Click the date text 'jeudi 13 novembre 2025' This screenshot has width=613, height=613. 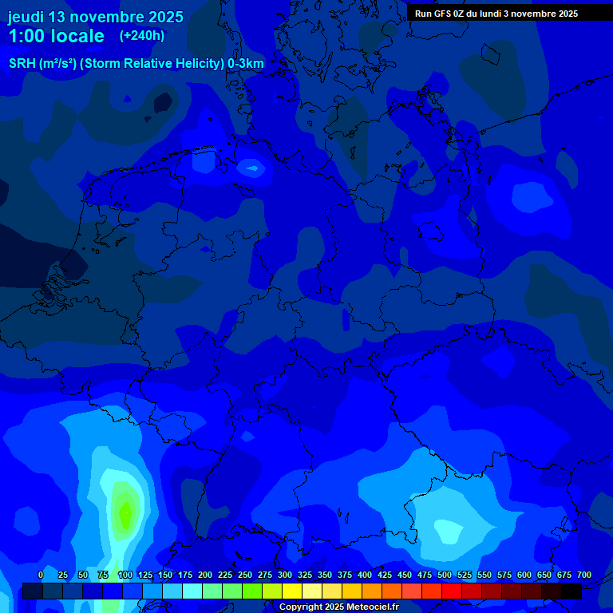pyautogui.click(x=95, y=17)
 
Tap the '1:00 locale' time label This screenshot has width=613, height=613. pyautogui.click(x=56, y=37)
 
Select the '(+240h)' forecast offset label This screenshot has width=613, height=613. pyautogui.click(x=142, y=36)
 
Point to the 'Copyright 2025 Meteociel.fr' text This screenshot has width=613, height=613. pyautogui.click(x=338, y=607)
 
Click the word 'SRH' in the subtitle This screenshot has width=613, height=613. pyautogui.click(x=22, y=64)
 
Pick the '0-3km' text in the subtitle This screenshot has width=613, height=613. pyautogui.click(x=246, y=64)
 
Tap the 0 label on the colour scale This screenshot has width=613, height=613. pyautogui.click(x=41, y=575)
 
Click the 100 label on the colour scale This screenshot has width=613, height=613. pyautogui.click(x=125, y=575)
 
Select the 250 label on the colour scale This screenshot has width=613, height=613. pyautogui.click(x=245, y=575)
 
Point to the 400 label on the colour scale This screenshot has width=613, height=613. pyautogui.click(x=365, y=575)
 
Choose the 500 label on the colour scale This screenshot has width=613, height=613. pyautogui.click(x=445, y=575)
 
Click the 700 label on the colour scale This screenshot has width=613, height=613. pyautogui.click(x=584, y=575)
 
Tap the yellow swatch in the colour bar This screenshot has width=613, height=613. pyautogui.click(x=292, y=591)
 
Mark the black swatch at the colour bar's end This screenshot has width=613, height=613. pyautogui.click(x=571, y=591)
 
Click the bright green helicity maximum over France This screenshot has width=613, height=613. pyautogui.click(x=125, y=511)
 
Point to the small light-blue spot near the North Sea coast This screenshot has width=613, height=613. pyautogui.click(x=252, y=167)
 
